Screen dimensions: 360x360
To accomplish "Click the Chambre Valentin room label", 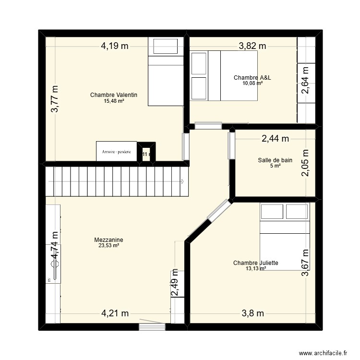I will click(113, 95).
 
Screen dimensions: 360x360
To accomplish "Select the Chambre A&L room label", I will click(250, 77).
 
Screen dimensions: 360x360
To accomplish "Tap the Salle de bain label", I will click(275, 160).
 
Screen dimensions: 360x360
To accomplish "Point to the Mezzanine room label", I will click(108, 240).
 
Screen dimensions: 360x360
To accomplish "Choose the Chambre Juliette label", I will click(255, 263).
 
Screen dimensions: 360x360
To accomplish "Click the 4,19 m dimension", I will click(114, 46).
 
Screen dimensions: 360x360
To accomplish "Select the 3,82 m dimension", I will click(252, 46).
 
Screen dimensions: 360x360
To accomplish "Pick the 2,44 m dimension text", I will click(275, 139).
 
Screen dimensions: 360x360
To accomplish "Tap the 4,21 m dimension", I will click(114, 313).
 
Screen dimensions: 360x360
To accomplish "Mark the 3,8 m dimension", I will click(252, 313).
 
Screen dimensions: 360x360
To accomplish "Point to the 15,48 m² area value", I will click(114, 101).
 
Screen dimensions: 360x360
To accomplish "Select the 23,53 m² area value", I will click(108, 245).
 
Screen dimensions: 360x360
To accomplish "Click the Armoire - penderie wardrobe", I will click(116, 151).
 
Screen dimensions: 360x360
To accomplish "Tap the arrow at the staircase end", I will click(183, 181).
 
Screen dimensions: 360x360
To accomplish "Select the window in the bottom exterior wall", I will click(152, 327).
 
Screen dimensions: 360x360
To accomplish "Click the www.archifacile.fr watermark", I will click(322, 352).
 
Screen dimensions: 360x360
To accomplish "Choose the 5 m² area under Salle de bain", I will click(275, 166).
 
